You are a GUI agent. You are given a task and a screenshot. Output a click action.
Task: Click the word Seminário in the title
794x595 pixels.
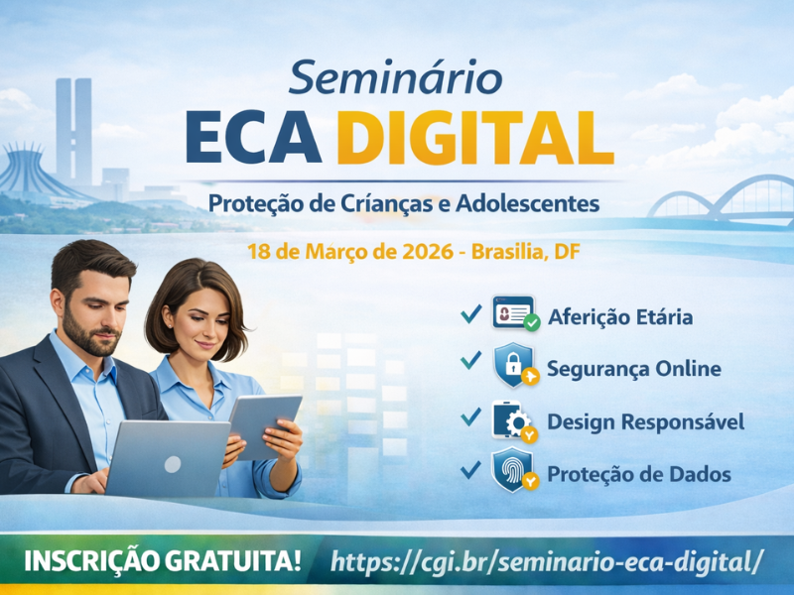pyautogui.click(x=395, y=78)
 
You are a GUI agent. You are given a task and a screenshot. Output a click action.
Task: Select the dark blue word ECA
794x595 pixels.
pyautogui.click(x=253, y=137)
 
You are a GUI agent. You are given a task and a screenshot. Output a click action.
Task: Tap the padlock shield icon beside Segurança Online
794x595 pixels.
pyautogui.click(x=515, y=365)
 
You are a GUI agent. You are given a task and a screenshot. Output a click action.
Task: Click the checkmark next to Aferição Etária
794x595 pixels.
pyautogui.click(x=470, y=313)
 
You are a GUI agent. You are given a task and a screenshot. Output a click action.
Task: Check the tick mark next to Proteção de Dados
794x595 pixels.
pyautogui.click(x=470, y=469)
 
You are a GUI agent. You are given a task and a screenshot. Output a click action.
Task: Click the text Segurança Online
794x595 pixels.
pyautogui.click(x=633, y=368)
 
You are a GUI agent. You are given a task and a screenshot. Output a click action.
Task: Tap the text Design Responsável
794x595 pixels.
pyautogui.click(x=646, y=422)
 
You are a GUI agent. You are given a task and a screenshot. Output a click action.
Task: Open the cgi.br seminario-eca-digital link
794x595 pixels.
pyautogui.click(x=546, y=561)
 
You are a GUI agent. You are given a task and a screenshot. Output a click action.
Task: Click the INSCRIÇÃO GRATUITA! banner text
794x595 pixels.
pyautogui.click(x=163, y=561)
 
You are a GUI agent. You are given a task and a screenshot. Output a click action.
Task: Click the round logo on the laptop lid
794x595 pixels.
pyautogui.click(x=172, y=464)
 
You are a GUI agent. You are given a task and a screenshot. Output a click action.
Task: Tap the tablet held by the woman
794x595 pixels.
pyautogui.click(x=264, y=426)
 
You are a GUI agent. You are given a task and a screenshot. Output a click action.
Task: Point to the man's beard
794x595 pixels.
pyautogui.click(x=90, y=336)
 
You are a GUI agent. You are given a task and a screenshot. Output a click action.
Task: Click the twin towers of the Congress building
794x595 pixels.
pyautogui.click(x=73, y=132)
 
